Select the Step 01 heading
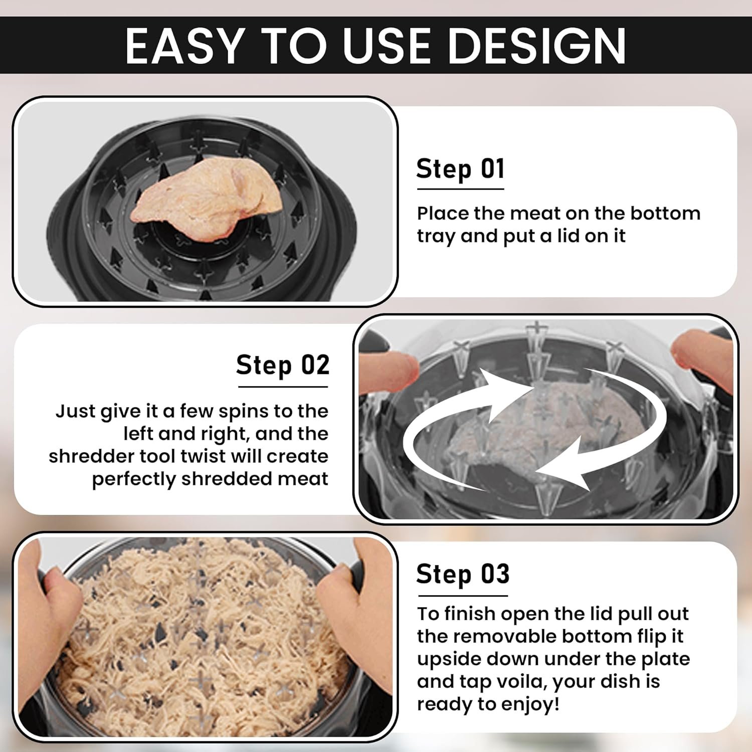point(460,169)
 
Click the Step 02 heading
point(283,365)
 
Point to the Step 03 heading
point(463,574)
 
